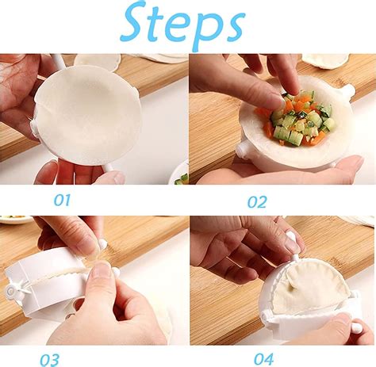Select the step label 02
coord(257,201)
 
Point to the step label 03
coord(49,359)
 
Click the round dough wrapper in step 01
coord(87,114)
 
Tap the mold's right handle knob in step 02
coord(349,93)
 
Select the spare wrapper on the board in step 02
coord(325,60)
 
